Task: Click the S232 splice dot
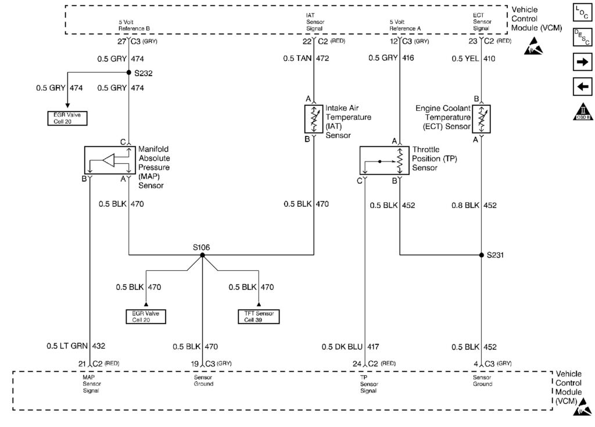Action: pyautogui.click(x=128, y=73)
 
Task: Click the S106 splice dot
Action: pyautogui.click(x=202, y=255)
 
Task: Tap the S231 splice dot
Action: pyautogui.click(x=482, y=255)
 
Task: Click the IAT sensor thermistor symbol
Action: pyautogui.click(x=314, y=118)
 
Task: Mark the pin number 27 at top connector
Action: pyautogui.click(x=121, y=42)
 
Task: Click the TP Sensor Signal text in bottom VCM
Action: pyautogui.click(x=368, y=384)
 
